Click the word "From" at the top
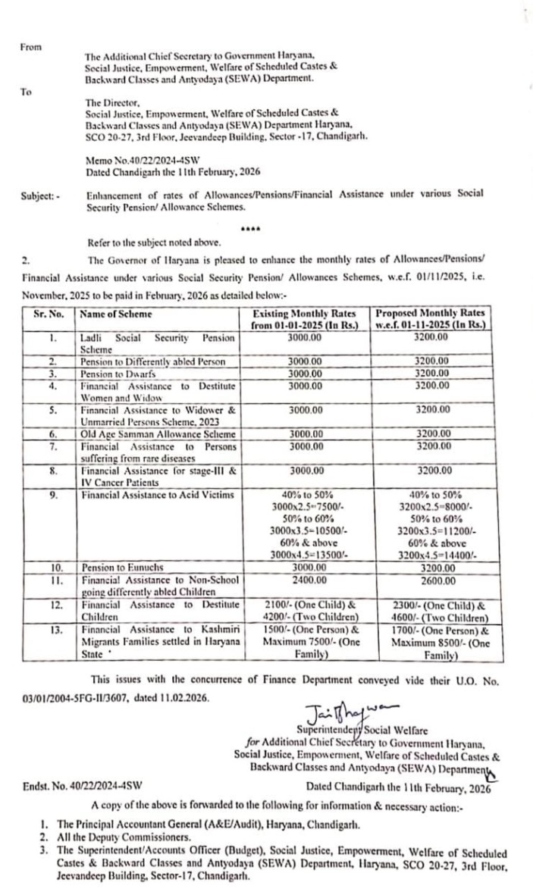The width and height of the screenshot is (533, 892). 31,46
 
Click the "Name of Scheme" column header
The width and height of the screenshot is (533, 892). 116,314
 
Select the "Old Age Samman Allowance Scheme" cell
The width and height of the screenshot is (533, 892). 158,434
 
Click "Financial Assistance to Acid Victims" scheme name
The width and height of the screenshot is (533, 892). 155,495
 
